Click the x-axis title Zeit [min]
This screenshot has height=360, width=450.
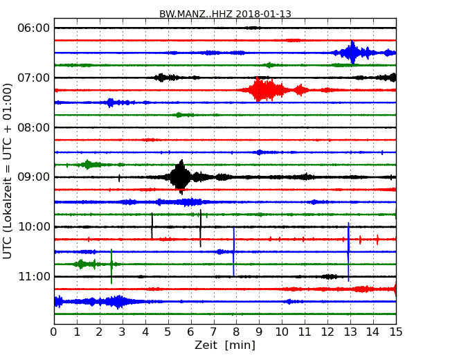[224, 345]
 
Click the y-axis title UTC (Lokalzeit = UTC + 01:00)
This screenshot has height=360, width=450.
[8, 170]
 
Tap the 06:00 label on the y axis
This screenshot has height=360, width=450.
[33, 28]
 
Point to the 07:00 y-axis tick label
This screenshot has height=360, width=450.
[33, 78]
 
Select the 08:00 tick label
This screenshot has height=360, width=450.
[33, 127]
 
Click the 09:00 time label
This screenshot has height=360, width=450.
[33, 177]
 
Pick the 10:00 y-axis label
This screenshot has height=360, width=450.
[33, 227]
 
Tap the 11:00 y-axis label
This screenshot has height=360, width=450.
[33, 277]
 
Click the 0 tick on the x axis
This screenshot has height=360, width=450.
[54, 332]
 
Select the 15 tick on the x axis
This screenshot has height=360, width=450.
[396, 332]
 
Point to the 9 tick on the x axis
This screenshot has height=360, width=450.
[259, 332]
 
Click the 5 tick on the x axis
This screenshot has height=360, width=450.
[168, 332]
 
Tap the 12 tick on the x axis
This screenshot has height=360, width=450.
[327, 332]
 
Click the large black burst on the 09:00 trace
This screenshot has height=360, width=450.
[180, 177]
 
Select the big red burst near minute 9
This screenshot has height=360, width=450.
[260, 89]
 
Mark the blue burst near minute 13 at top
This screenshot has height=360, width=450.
[352, 52]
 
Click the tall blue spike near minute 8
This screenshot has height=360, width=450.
[234, 251]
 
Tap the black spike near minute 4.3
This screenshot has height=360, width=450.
[152, 226]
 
